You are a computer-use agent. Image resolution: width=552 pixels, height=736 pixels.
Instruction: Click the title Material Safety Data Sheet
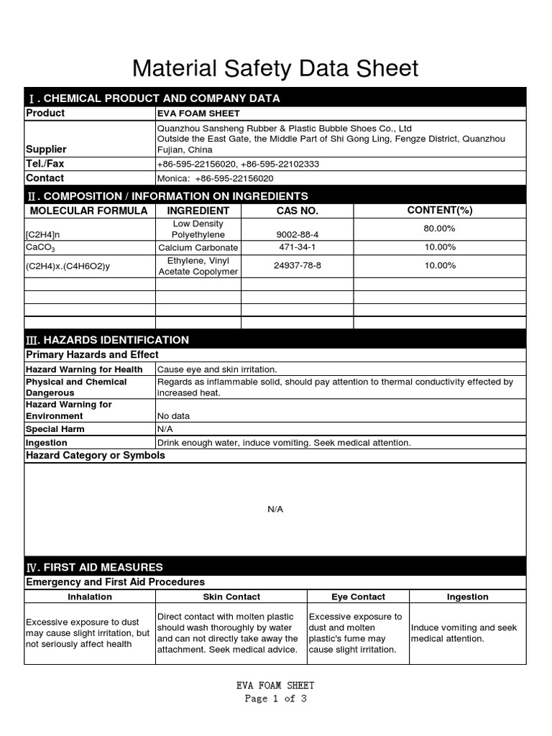pyautogui.click(x=275, y=68)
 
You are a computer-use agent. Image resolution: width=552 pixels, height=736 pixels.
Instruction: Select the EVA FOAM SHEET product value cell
pyautogui.click(x=198, y=114)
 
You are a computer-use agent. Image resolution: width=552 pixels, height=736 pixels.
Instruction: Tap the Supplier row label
pyautogui.click(x=46, y=149)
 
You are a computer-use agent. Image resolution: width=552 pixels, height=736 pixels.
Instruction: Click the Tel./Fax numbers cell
pyautogui.click(x=238, y=164)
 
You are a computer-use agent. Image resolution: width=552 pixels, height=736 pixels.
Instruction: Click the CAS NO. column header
pyautogui.click(x=297, y=211)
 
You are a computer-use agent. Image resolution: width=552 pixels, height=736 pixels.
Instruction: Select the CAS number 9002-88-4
pyautogui.click(x=297, y=234)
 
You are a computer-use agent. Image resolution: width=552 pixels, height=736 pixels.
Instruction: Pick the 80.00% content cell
pyautogui.click(x=440, y=229)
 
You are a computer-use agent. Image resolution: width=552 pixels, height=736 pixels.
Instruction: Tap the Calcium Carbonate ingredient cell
pyautogui.click(x=198, y=247)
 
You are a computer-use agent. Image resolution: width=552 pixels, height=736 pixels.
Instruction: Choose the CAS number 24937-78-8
pyautogui.click(x=297, y=265)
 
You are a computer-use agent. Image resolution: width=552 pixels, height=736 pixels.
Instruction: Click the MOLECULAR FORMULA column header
pyautogui.click(x=88, y=211)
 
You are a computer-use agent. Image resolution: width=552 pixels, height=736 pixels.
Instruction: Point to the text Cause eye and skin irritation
pyautogui.click(x=217, y=369)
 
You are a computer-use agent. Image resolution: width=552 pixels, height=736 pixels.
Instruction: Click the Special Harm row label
pyautogui.click(x=55, y=429)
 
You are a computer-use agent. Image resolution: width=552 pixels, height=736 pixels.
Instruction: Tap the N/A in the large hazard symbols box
pyautogui.click(x=275, y=509)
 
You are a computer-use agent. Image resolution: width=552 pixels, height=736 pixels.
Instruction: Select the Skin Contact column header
pyautogui.click(x=231, y=597)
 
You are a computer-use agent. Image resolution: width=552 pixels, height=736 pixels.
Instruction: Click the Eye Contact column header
pyautogui.click(x=358, y=597)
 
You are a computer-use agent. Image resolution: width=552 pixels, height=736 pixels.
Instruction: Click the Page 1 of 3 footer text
pyautogui.click(x=275, y=699)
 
